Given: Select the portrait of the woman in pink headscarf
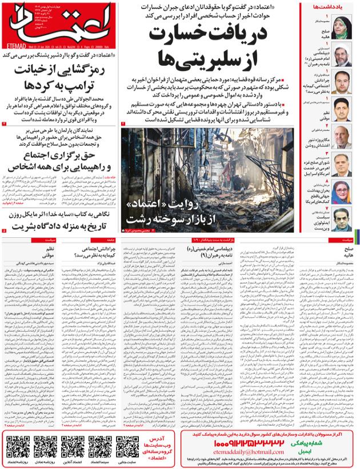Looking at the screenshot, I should [x=342, y=189].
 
